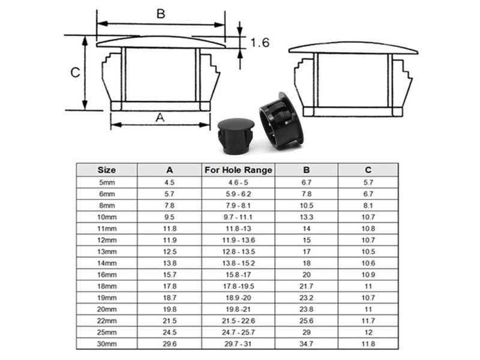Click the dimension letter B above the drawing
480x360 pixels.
point(161,14)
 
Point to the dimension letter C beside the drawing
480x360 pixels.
point(76,73)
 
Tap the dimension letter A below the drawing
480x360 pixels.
point(160,117)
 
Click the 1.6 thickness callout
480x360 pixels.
point(260,43)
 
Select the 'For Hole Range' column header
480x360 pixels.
point(238,170)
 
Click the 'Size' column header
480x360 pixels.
point(107,170)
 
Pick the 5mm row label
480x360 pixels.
point(107,182)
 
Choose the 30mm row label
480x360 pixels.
point(107,344)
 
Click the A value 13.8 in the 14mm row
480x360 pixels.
point(170,263)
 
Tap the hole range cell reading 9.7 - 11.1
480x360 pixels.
point(238,217)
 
